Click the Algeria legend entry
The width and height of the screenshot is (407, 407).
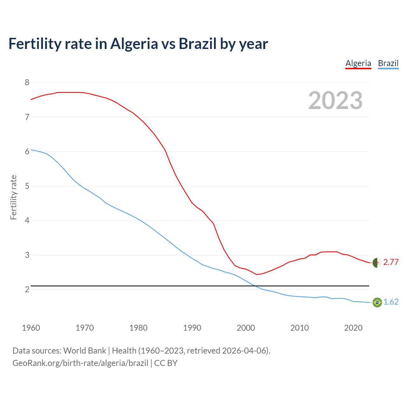(x=358, y=63)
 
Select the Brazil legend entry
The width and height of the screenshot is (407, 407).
(x=388, y=63)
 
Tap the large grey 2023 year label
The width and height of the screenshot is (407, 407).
(x=335, y=100)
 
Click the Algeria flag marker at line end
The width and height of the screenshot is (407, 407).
(x=377, y=263)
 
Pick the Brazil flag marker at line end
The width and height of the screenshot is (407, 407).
(x=377, y=302)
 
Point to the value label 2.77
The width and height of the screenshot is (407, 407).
(x=391, y=262)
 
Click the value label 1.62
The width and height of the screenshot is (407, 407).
(x=391, y=302)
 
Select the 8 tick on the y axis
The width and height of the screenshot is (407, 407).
(x=27, y=83)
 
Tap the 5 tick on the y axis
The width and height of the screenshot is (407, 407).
(x=27, y=186)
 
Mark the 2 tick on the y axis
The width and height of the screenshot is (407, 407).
(x=27, y=289)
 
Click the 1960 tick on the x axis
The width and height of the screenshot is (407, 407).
(x=31, y=328)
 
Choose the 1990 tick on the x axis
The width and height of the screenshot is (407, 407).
(x=192, y=328)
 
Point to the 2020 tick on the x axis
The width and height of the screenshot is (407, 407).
(x=353, y=328)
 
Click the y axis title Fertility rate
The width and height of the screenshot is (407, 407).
(x=13, y=197)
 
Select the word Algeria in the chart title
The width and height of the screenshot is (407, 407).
(x=134, y=44)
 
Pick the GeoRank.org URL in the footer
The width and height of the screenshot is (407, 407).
(x=80, y=363)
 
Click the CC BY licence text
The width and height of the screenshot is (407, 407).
(x=166, y=363)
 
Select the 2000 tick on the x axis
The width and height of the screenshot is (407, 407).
(x=246, y=328)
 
